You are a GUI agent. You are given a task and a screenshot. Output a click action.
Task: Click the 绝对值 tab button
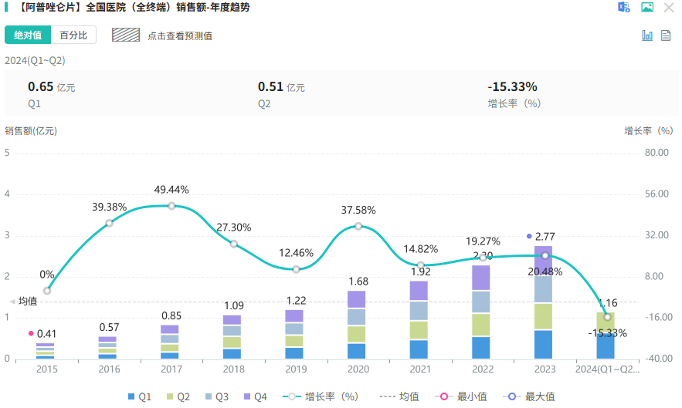coord(28,35)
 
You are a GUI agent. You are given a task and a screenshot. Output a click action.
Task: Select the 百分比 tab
coord(73,35)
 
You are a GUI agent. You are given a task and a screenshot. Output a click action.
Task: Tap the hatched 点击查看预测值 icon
coord(126,35)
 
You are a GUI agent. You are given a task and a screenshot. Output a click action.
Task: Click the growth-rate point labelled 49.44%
coord(171,206)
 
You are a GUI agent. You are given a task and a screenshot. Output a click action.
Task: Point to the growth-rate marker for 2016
coord(109,223)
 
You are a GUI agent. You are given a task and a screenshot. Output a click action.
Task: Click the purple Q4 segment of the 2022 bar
coord(482,278)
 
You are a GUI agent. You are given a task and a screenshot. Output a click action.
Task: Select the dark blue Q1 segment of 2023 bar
coord(544,344)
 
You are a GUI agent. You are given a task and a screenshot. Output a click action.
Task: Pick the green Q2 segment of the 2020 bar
coord(357,334)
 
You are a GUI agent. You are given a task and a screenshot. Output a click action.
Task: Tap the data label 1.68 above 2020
coord(357,281)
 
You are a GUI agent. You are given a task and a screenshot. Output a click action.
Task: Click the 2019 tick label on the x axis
coord(295,369)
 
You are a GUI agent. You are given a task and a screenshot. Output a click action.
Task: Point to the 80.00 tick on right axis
coord(656,152)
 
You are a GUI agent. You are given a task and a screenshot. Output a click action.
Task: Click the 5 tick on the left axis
coord(7,152)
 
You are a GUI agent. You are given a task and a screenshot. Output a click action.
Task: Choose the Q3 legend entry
coord(217,396)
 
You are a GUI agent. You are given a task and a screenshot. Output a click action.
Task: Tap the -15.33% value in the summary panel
coord(512,86)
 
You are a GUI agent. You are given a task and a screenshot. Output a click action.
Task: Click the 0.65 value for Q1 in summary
coord(40,86)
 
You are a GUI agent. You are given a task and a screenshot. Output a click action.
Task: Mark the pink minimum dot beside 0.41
coord(31,333)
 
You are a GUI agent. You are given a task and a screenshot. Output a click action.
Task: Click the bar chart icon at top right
coord(647,35)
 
